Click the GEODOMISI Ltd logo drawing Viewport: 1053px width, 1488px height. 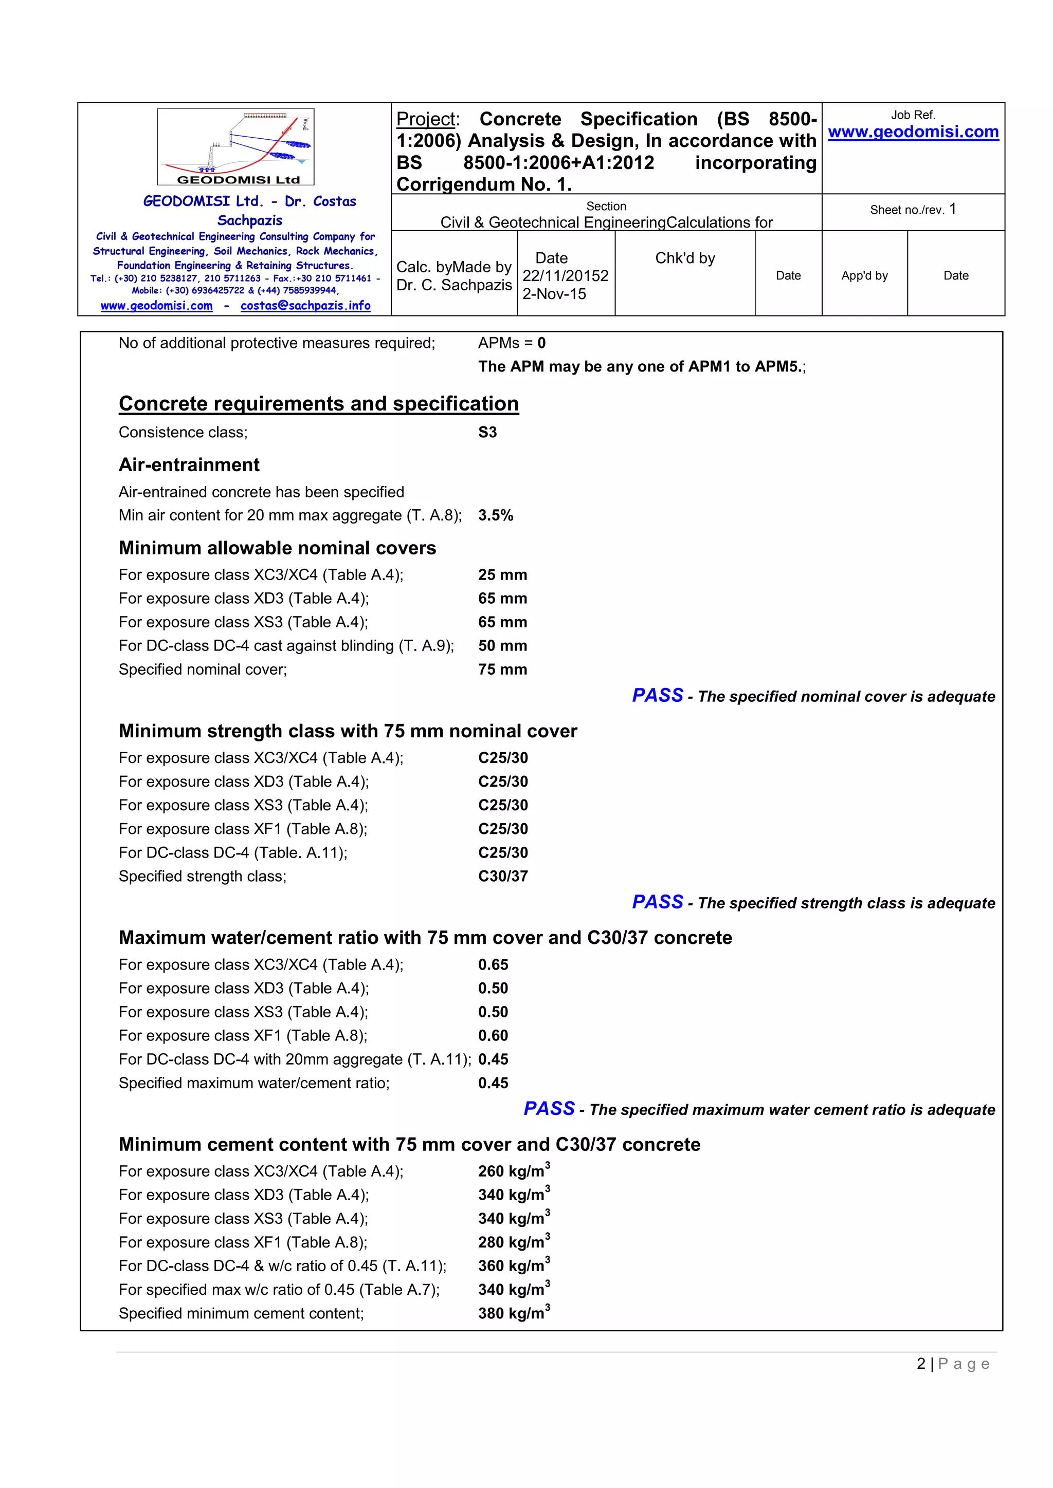[235, 147]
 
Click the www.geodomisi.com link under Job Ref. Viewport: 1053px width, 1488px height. [913, 132]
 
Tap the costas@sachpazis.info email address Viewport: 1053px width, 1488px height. [305, 306]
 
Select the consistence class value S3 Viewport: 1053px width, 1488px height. [487, 432]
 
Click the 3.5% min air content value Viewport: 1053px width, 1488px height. [495, 515]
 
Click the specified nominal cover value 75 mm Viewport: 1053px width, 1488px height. [502, 669]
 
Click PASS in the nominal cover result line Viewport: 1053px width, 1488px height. [658, 695]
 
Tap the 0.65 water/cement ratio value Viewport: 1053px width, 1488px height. [493, 964]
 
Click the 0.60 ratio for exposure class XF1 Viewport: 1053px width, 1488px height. [493, 1036]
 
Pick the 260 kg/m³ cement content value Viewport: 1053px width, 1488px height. [514, 1171]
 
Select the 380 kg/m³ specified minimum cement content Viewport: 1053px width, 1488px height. [514, 1314]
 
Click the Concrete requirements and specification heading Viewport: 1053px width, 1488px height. [318, 404]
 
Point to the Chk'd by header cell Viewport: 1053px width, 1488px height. [685, 258]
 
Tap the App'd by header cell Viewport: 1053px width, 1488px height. [864, 275]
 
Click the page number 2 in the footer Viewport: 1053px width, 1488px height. [921, 1364]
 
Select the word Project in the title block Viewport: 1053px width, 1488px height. [427, 119]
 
